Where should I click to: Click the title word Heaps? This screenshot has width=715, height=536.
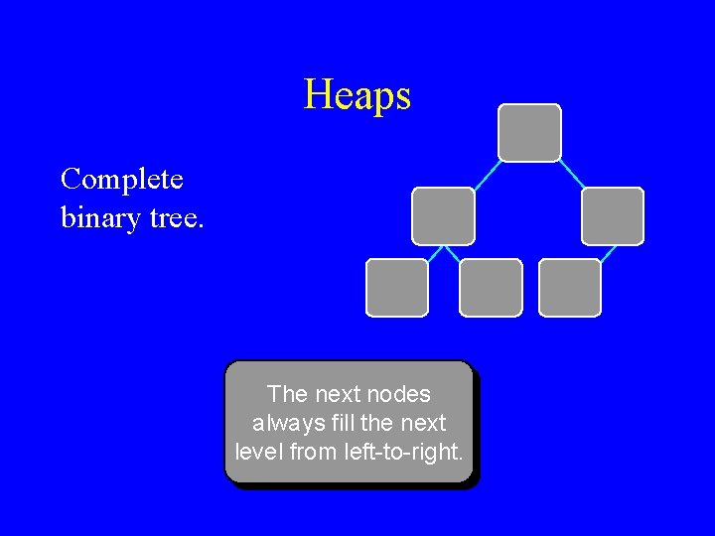(357, 95)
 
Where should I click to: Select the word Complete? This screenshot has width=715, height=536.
(121, 180)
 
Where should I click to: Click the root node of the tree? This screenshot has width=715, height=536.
(529, 133)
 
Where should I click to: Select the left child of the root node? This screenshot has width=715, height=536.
(443, 216)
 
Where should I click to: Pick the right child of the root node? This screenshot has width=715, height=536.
(612, 216)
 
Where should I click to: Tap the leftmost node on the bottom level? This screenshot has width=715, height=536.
(397, 288)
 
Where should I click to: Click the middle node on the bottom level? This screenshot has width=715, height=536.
(491, 288)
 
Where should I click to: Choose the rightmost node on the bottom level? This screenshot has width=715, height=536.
(570, 288)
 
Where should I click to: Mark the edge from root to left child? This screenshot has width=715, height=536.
(487, 175)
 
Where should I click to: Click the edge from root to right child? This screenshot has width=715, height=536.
(571, 174)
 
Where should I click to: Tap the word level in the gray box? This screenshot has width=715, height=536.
(259, 453)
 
